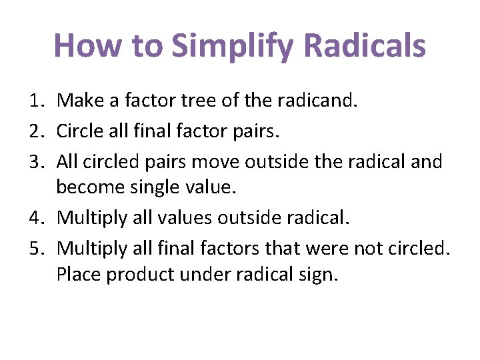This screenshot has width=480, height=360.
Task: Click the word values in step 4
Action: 181,217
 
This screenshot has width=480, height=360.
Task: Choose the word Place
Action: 79,274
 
